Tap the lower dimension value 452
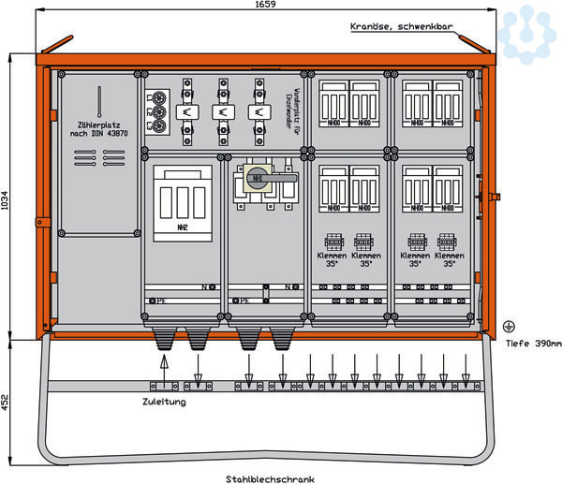7,403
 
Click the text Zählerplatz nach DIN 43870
99,128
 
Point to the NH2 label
183,226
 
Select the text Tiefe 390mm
532,344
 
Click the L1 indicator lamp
160,97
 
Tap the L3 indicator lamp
160,126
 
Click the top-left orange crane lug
54,45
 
